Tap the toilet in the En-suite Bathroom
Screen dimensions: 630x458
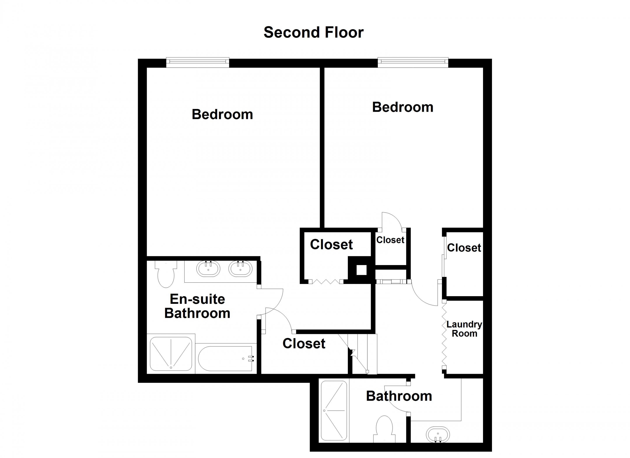coord(166,274)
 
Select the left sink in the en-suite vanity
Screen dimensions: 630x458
coord(208,269)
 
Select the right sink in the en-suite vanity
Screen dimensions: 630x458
coord(240,269)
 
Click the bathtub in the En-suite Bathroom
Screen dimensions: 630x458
coord(225,358)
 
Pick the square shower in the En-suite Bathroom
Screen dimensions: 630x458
coord(171,354)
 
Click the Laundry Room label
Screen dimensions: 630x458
coord(464,329)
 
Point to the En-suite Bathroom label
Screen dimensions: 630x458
coord(197,306)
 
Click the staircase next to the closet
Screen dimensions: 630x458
coord(362,354)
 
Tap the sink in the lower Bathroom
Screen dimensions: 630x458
coord(438,434)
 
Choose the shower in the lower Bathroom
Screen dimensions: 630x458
coord(334,411)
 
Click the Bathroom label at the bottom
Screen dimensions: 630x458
coord(399,396)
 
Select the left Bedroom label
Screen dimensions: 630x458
coord(222,114)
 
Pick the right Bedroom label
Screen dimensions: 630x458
coord(402,107)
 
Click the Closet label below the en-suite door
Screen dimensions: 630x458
coord(304,344)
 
